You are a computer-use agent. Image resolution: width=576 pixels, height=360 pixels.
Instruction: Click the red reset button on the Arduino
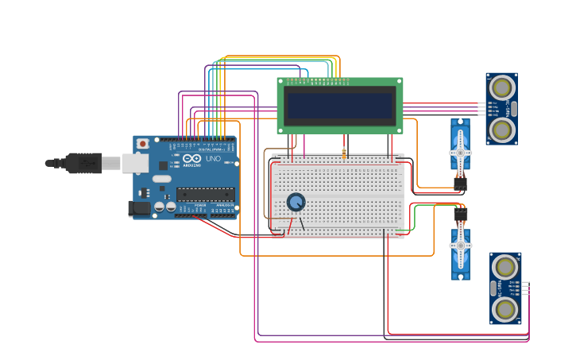[x=142, y=144]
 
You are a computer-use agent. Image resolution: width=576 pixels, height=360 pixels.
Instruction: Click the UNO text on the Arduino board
[x=213, y=159]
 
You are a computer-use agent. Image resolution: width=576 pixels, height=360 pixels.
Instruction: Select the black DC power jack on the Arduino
[x=139, y=209]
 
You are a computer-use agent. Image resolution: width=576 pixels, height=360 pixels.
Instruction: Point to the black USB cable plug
[x=83, y=163]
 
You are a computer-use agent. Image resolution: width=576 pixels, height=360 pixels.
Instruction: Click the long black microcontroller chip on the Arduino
[x=205, y=194]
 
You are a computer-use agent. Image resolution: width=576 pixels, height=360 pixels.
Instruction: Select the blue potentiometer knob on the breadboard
[x=296, y=202]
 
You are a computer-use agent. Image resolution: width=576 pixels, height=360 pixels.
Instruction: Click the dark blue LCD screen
[x=340, y=105]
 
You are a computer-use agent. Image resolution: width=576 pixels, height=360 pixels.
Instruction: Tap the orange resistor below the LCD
[x=344, y=153]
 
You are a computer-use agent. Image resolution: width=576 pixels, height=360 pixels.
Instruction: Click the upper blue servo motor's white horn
[x=460, y=151]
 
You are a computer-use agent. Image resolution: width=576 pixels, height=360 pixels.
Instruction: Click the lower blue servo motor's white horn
[x=461, y=246]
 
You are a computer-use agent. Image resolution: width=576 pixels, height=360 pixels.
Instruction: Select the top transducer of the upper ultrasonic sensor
[x=501, y=86]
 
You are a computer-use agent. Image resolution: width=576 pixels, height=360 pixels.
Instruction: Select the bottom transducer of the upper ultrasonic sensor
[x=501, y=130]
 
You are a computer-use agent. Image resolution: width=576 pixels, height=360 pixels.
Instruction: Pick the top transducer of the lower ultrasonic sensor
[x=505, y=266]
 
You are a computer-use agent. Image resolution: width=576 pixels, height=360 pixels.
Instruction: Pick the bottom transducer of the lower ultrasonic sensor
[x=505, y=309]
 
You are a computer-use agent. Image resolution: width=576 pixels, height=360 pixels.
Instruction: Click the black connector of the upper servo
[x=460, y=183]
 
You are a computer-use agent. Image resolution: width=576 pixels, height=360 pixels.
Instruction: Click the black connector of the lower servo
[x=461, y=214]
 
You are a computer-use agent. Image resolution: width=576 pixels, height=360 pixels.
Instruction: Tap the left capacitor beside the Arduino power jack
[x=160, y=207]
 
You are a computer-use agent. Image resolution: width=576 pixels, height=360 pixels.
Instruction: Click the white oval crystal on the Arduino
[x=162, y=179]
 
